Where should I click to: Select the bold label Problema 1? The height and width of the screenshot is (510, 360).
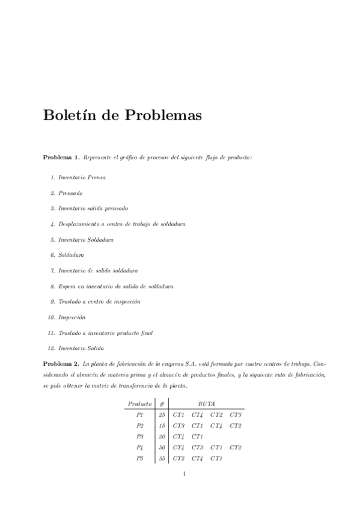coord(61,158)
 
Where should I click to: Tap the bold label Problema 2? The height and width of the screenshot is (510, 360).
coord(61,364)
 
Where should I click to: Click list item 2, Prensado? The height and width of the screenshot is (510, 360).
coord(70,194)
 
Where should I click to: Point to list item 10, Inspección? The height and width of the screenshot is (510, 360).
coord(72,317)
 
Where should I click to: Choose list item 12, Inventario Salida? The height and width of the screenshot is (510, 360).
coord(81,348)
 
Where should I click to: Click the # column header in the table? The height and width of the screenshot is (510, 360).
coord(162,404)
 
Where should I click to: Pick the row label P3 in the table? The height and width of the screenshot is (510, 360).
coord(139,437)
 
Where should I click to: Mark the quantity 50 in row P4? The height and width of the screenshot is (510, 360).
coord(162,447)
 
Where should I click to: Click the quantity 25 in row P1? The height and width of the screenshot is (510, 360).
coord(162,415)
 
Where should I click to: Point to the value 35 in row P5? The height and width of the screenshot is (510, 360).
coord(162,458)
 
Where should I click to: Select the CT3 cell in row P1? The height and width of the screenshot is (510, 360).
coord(235,415)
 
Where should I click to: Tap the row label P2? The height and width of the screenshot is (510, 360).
coord(139,426)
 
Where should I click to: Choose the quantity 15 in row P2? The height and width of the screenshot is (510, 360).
coord(162,426)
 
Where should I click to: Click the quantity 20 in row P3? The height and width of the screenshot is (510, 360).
coord(162,437)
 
